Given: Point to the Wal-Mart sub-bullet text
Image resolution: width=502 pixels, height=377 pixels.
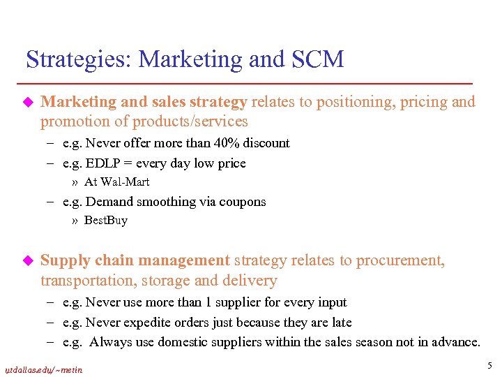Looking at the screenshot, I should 116,182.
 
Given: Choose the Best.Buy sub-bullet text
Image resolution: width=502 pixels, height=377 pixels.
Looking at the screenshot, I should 105,221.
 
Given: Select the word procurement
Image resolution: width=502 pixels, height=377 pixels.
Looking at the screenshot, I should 400,261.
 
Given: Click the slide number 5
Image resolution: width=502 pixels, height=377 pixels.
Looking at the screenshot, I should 489,365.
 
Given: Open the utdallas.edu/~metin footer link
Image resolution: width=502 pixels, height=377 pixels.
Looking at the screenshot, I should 43,369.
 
